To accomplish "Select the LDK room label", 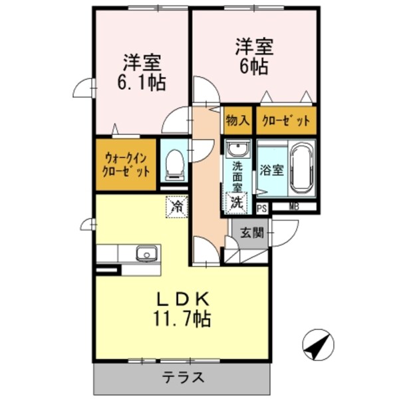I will [182, 299].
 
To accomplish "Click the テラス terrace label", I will [183, 378].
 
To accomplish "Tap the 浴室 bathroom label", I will [273, 169].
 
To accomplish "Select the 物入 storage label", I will [237, 121].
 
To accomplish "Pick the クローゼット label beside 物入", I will [286, 121].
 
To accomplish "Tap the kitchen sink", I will [146, 253].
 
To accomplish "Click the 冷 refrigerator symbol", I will [177, 207].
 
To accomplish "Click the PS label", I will [262, 207].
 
